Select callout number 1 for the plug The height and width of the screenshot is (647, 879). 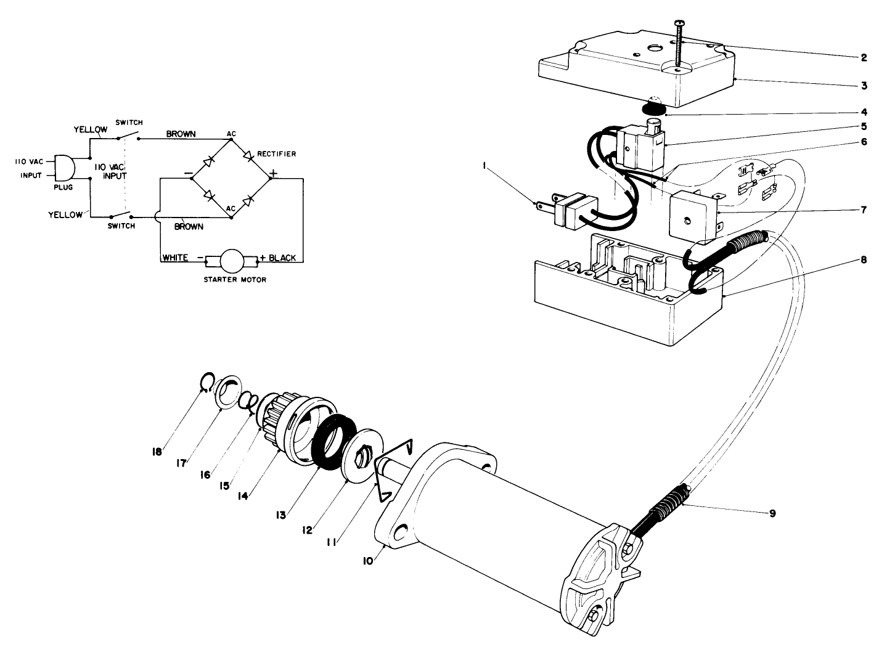coord(486,165)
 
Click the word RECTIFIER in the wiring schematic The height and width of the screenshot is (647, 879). coord(277,154)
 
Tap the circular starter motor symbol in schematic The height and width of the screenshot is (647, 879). coord(232,261)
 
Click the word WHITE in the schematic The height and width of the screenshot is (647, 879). coord(175,258)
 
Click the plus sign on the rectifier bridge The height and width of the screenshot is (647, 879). coord(274,173)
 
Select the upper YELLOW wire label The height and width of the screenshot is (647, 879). coord(90,129)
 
